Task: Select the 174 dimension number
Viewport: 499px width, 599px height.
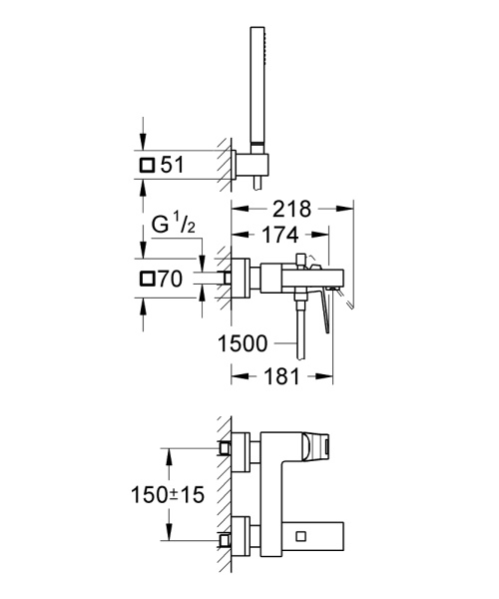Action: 280,237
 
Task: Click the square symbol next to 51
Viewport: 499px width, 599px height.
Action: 148,165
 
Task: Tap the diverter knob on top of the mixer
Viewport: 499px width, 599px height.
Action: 312,263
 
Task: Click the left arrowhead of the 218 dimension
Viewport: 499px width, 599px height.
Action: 237,209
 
